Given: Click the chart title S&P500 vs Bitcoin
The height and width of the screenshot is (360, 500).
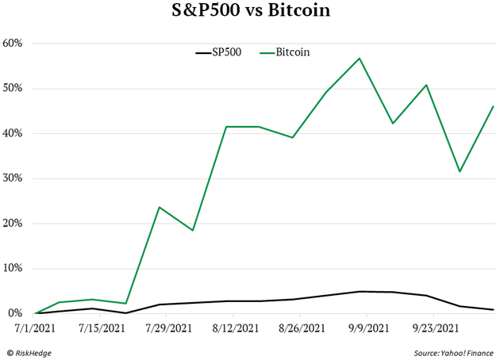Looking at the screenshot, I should (250, 12).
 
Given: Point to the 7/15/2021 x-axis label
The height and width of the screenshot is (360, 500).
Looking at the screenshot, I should (102, 327).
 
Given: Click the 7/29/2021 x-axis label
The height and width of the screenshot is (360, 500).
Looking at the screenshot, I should (169, 327).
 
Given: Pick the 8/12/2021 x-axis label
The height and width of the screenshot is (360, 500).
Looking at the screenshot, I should (235, 327).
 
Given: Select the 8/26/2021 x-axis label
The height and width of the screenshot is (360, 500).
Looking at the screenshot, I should (302, 327).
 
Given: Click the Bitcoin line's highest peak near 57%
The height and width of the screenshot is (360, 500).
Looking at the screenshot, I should (360, 58).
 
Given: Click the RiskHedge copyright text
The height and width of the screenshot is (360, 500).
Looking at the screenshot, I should (33, 351).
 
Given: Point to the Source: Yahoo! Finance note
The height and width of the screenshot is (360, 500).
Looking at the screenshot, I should (452, 351).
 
